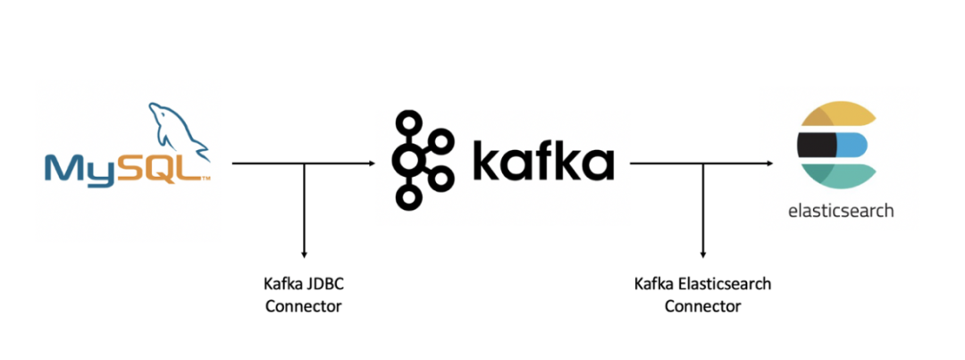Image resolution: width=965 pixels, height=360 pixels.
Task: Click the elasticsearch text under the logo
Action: [840, 212]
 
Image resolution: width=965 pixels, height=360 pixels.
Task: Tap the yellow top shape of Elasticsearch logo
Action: [835, 115]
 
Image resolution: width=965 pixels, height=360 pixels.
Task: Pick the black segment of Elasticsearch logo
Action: [815, 142]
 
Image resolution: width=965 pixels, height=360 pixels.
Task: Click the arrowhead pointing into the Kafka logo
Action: [370, 163]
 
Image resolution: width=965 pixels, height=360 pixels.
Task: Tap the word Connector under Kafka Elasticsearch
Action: [702, 306]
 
